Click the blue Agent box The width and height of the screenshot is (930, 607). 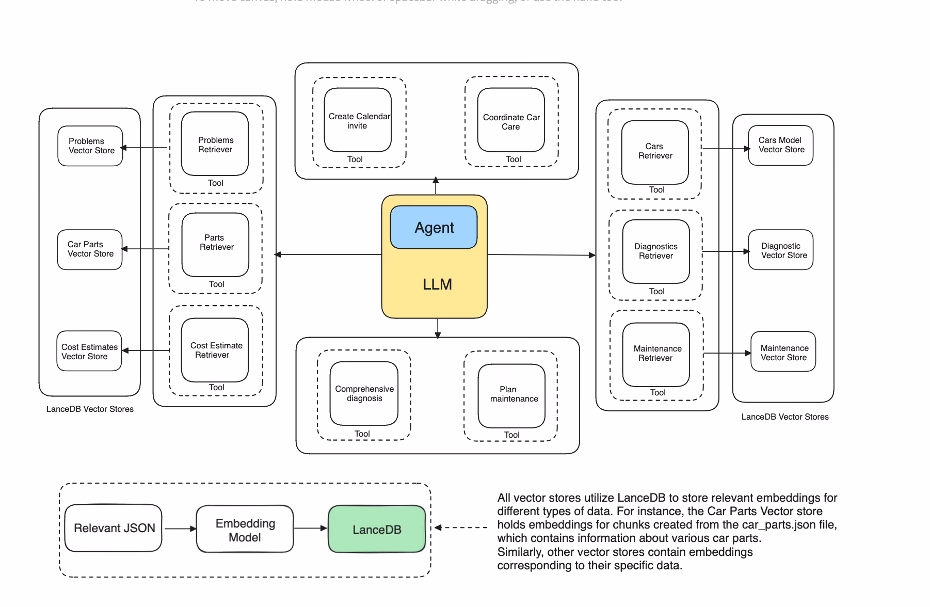point(434,227)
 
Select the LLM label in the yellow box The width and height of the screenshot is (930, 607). point(437,284)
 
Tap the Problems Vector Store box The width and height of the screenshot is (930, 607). point(90,146)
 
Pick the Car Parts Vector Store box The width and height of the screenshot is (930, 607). point(90,249)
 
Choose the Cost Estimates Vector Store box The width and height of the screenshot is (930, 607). point(89,351)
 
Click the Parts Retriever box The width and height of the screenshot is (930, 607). point(216,244)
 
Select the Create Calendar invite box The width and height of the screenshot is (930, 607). point(358,120)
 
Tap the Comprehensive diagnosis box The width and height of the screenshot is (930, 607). point(364,393)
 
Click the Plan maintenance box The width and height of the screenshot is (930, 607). point(511,395)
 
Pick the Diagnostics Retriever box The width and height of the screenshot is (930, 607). point(656,251)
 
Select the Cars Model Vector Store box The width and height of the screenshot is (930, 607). point(781,146)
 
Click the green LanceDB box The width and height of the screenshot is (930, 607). point(377,529)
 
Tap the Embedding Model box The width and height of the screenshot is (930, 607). point(245,529)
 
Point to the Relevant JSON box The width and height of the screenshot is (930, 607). point(114,528)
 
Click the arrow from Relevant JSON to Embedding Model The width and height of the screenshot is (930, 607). point(180,529)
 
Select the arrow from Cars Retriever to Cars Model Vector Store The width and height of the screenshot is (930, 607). point(726,149)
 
